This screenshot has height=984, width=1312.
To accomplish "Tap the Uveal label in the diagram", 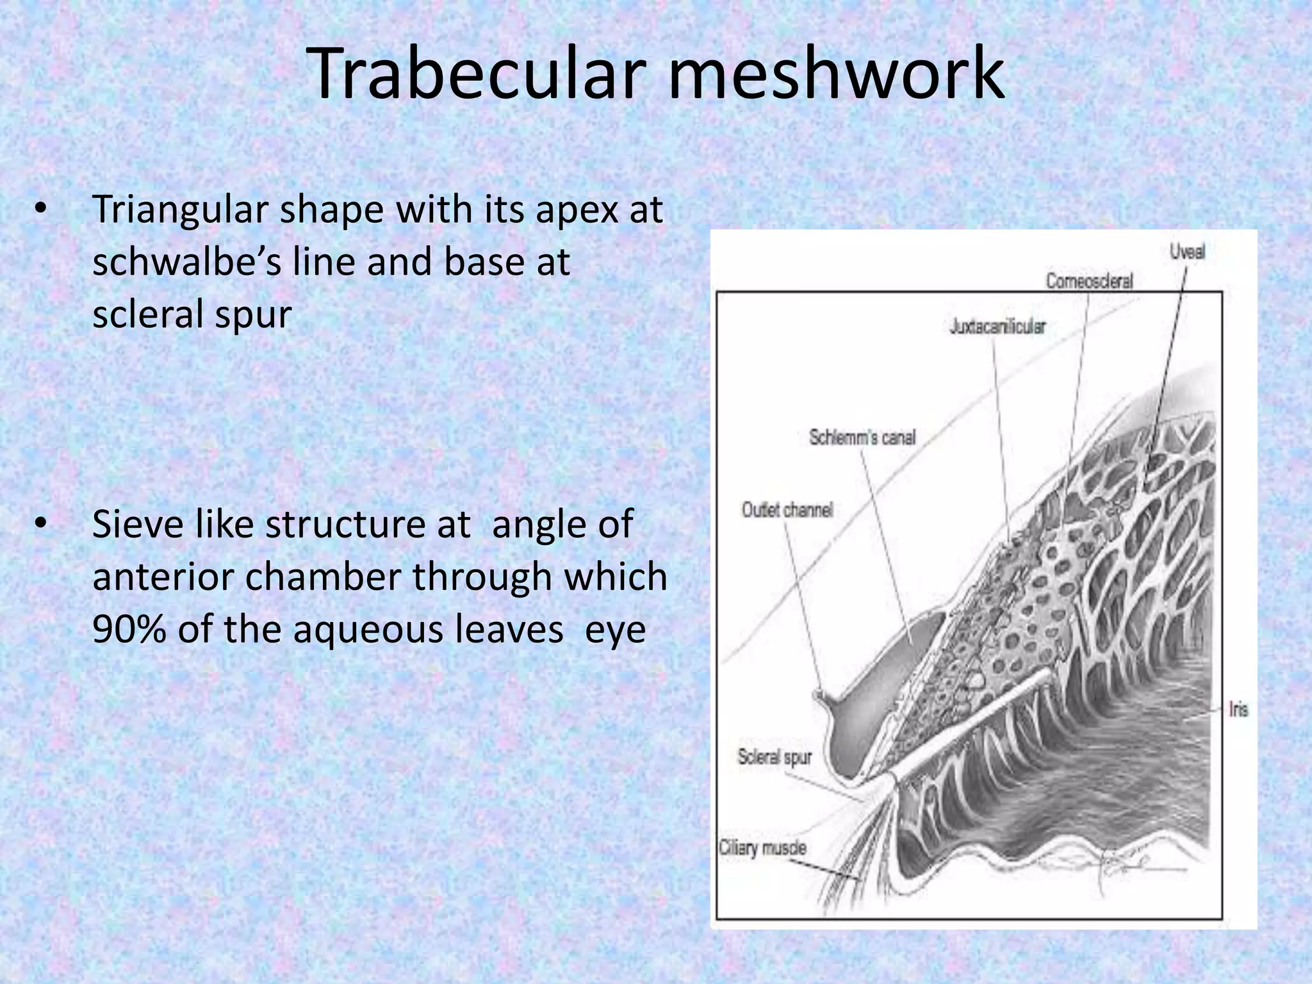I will pos(1187,252).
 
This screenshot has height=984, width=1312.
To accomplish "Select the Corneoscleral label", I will pos(1089,281).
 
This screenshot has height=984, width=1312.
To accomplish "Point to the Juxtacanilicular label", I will pos(997,327).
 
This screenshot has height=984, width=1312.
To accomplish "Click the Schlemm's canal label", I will pos(862,438).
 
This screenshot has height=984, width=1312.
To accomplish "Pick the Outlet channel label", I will pos(787,510).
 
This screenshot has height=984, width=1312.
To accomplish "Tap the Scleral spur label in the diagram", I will pos(775,757).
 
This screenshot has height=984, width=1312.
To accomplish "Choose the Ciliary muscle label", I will pos(762,848).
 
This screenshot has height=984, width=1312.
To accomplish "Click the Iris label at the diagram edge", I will pos(1238,710).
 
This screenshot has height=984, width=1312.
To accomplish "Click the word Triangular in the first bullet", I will pos(180,210).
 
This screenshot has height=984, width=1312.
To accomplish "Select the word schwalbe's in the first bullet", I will pos(186,263).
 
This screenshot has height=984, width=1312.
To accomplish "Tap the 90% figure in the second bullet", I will pos(129,630).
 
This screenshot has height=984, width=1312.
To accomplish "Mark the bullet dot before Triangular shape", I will pos(40,209).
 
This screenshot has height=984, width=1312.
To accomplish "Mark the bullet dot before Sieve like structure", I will pos(40,525).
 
